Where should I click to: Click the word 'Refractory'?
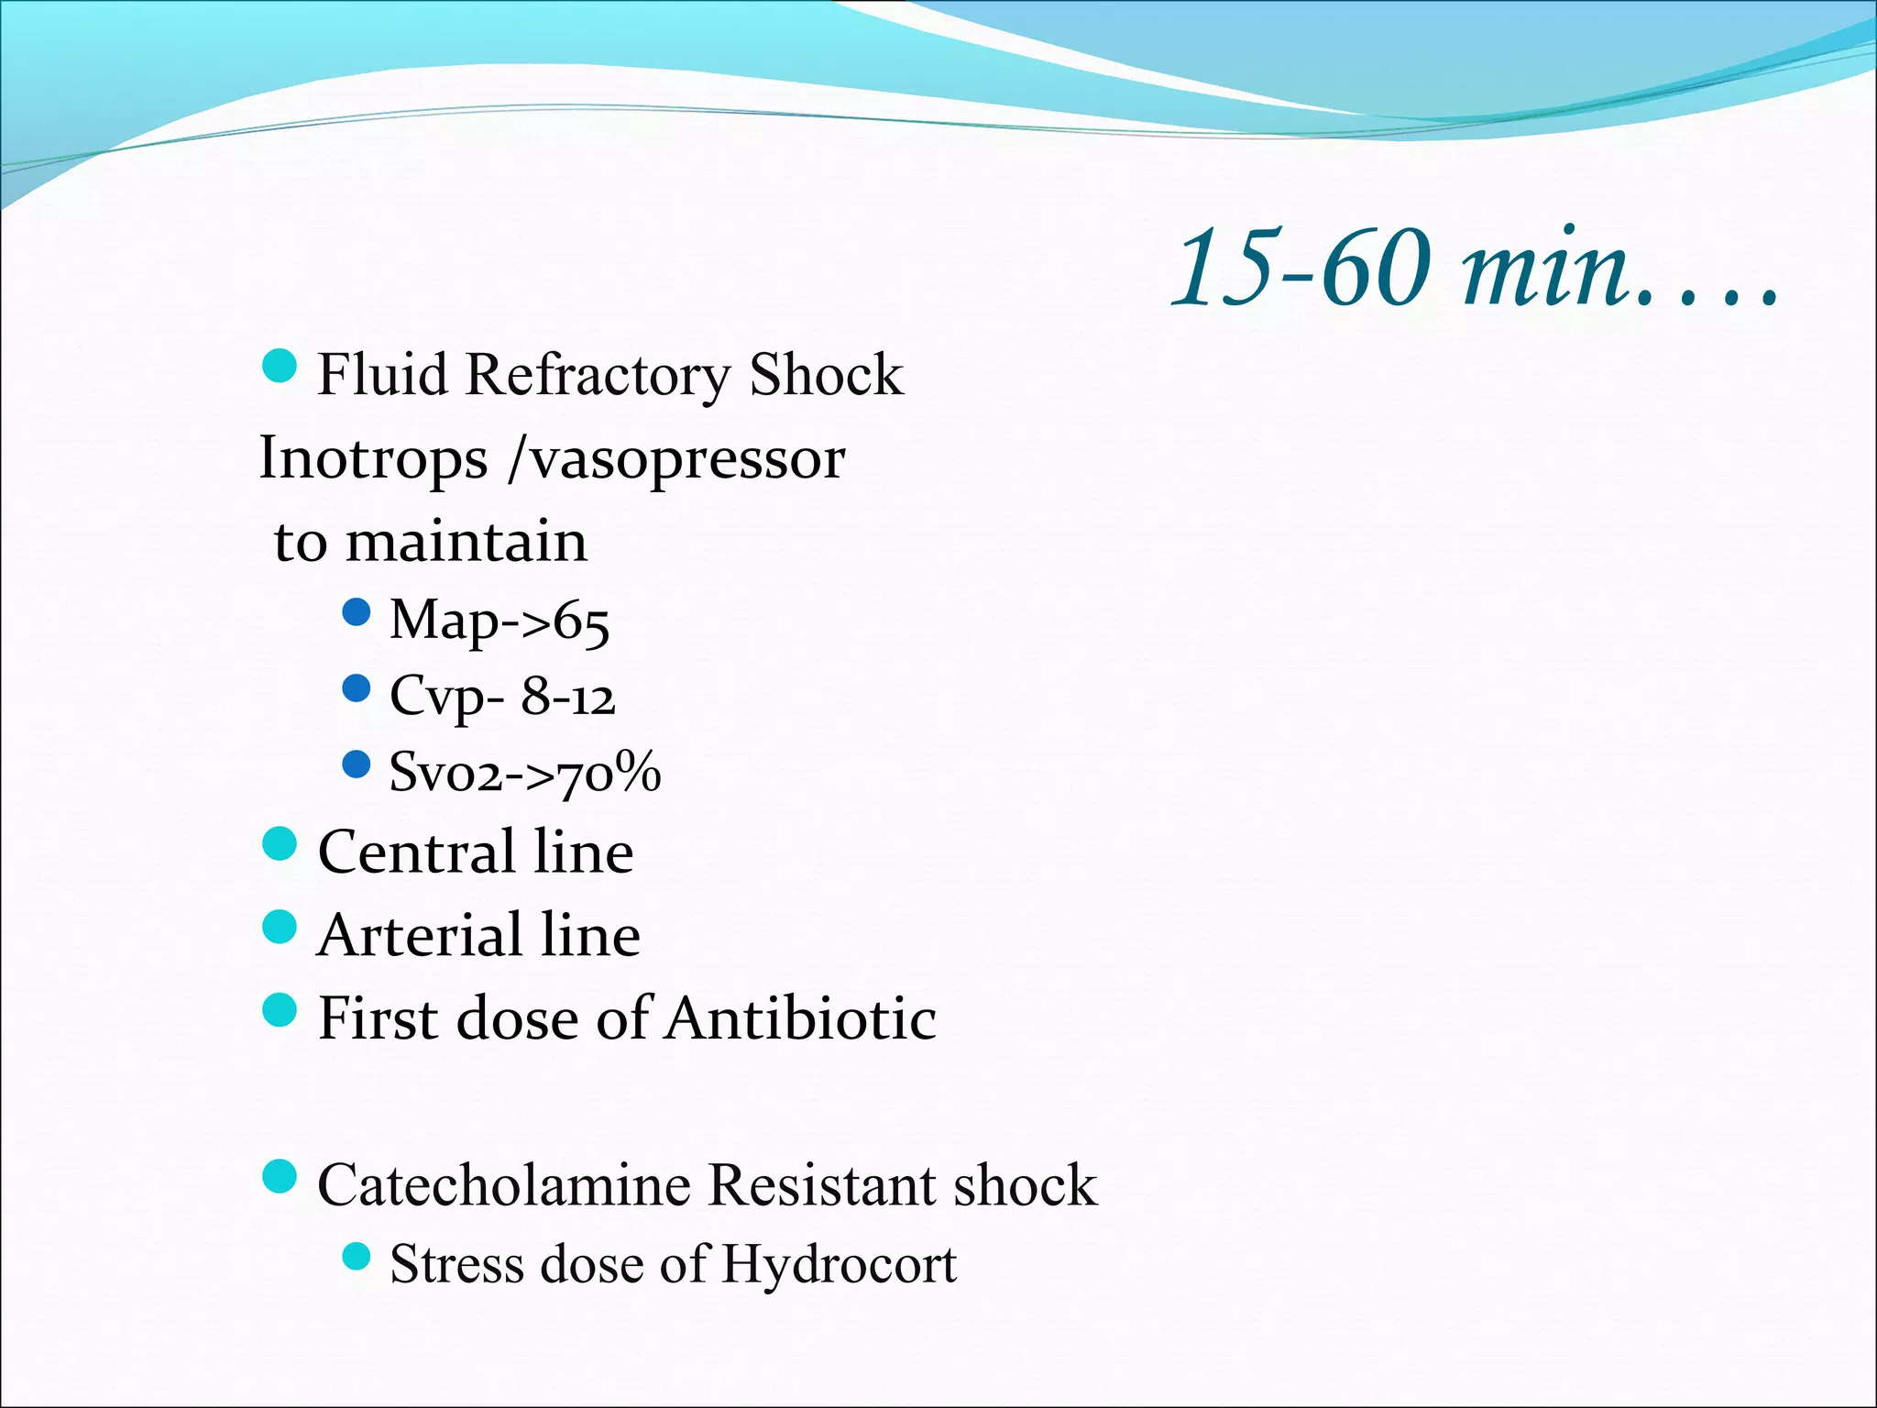tap(597, 376)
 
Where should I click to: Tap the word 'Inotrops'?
tap(373, 458)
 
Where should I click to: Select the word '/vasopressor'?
tap(676, 458)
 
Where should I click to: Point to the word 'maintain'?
tap(467, 541)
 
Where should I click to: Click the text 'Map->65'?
tap(499, 621)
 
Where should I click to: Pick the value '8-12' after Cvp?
tap(568, 697)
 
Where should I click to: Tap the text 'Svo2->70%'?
tap(524, 772)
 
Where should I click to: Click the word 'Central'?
tap(416, 852)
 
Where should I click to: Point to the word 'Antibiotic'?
tap(801, 1018)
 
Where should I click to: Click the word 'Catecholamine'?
tap(504, 1185)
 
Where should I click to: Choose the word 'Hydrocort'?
tap(839, 1264)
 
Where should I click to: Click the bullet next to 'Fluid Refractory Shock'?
tap(280, 366)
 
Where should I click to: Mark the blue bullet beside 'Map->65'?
tap(356, 611)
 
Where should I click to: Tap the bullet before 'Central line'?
tap(280, 843)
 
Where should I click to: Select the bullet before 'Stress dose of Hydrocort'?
tap(356, 1256)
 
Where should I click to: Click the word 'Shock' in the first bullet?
tap(826, 376)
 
